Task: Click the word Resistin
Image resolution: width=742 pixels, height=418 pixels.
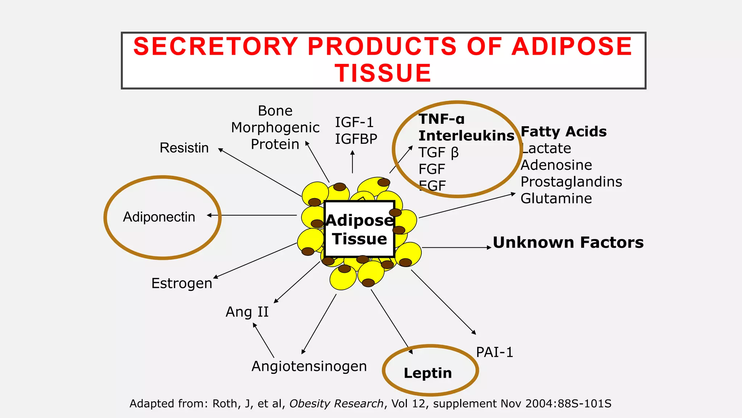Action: click(184, 148)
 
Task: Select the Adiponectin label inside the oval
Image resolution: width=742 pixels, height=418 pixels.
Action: click(159, 217)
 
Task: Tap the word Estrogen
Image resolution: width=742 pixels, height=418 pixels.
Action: click(182, 283)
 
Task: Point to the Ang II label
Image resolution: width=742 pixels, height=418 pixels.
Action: click(247, 312)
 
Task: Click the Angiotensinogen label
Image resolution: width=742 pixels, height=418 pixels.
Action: click(309, 366)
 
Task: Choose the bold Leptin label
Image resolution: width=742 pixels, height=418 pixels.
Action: click(428, 373)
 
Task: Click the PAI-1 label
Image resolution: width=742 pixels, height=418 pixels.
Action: click(495, 352)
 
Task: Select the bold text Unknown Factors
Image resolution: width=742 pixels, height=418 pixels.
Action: click(568, 242)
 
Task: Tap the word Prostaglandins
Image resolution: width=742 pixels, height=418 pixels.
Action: click(571, 182)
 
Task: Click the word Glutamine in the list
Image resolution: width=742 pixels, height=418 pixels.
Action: click(556, 198)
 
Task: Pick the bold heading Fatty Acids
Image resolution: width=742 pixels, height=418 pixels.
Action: click(563, 131)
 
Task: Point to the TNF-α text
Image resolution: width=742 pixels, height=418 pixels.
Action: click(441, 119)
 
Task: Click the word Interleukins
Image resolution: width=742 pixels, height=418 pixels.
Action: click(466, 136)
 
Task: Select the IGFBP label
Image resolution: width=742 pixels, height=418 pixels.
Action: click(356, 139)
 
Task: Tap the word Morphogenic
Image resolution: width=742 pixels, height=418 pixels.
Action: click(275, 127)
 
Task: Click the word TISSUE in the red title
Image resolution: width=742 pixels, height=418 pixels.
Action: click(383, 73)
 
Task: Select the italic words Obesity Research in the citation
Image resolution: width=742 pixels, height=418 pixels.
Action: click(336, 403)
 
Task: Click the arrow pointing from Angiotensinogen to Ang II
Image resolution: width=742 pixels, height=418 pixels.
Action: click(263, 340)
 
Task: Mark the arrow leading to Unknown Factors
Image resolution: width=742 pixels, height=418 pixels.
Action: click(457, 247)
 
